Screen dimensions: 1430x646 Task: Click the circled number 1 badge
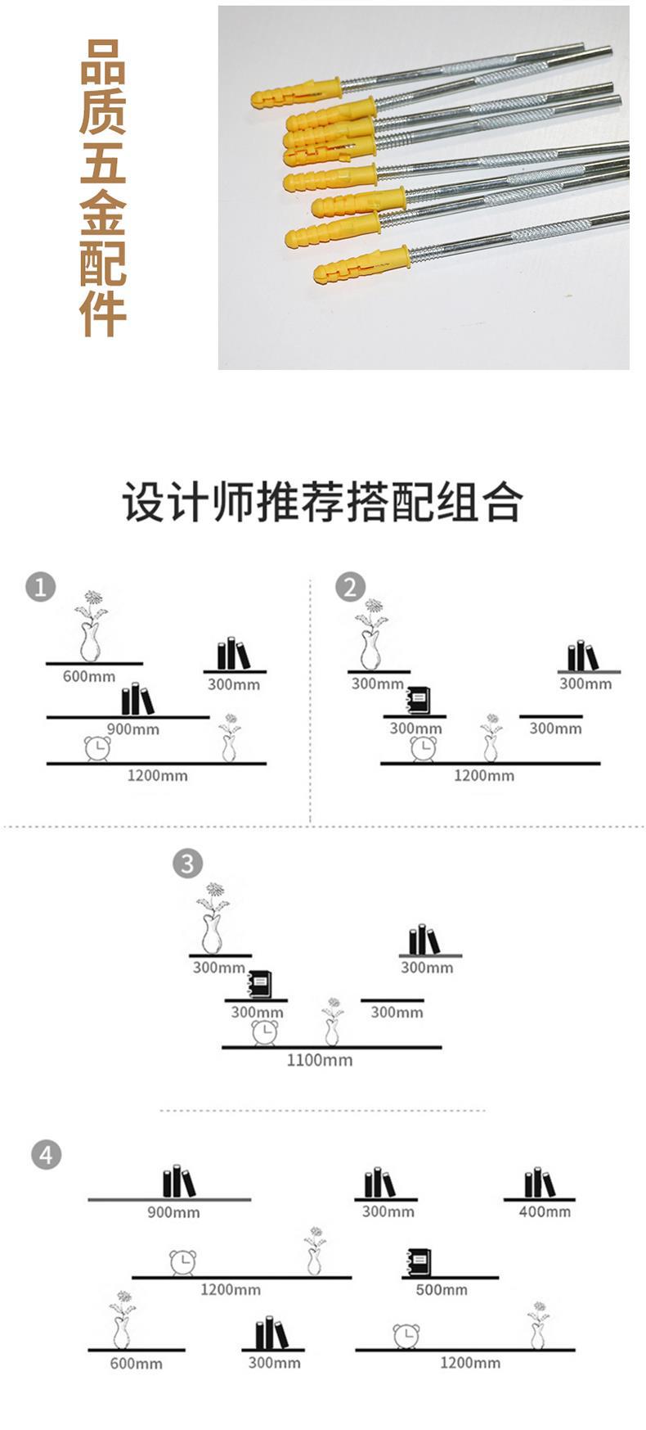coord(41,587)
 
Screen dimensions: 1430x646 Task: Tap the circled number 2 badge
coord(350,587)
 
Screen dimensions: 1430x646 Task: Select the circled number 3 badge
coord(187,863)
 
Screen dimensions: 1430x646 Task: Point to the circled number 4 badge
coord(46,1155)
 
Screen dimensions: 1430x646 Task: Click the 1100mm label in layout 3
coord(319,1060)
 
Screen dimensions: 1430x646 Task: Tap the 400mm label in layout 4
coord(545,1211)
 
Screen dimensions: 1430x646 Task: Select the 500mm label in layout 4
coord(442,1290)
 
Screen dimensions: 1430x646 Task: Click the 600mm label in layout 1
coord(89,677)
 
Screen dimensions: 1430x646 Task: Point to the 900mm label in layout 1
coord(132,729)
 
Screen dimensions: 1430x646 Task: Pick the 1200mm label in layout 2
coord(484,776)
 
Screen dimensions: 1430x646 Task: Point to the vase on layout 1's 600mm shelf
coord(90,626)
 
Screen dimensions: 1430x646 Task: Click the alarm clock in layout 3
coord(265,1032)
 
